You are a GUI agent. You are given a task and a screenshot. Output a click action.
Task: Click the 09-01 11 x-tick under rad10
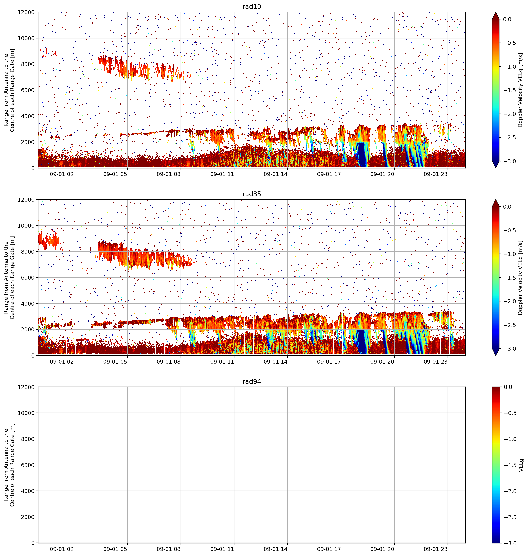[x=222, y=174]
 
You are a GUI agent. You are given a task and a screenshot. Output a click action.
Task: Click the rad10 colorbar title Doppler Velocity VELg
[x=520, y=90]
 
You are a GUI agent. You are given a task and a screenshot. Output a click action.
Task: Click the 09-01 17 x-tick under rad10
[x=329, y=174]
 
